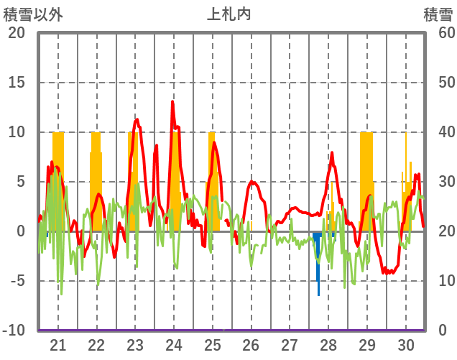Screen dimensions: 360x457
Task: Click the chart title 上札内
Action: pos(229,14)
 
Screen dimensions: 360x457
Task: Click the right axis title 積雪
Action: pos(438,14)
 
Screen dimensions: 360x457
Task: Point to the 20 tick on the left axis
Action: pos(17,33)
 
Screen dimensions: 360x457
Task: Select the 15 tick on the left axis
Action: pos(17,83)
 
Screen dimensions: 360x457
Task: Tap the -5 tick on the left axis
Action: pos(17,281)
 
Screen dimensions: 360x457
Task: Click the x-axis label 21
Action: pos(57,345)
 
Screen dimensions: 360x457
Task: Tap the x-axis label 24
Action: pos(174,345)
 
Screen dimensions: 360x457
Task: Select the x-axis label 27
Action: pos(290,345)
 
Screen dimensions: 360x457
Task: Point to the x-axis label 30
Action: pos(406,345)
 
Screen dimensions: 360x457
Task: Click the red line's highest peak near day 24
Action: pos(172,103)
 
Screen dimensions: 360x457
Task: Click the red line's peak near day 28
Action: pos(331,153)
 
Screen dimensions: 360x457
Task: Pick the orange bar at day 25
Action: pos(212,180)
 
